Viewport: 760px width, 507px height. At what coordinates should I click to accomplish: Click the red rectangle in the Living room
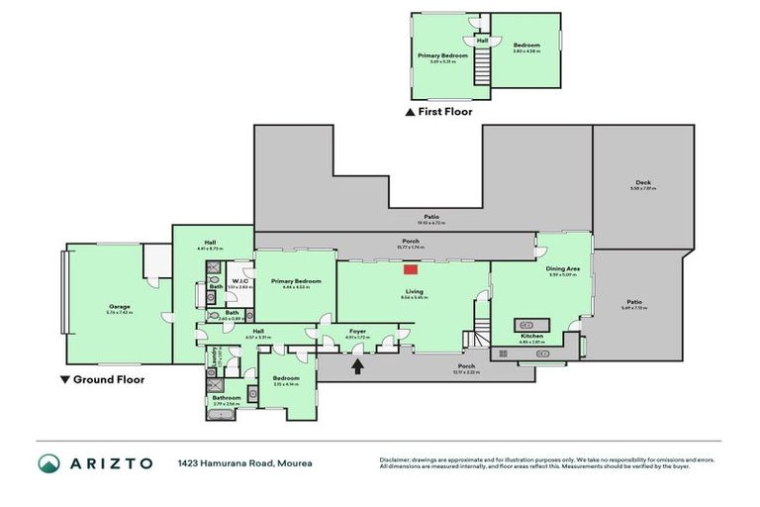410,268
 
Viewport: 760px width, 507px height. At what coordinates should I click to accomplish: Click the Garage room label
119,307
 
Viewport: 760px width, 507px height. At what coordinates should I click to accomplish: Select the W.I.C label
239,281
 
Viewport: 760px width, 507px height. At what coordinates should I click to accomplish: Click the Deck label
642,183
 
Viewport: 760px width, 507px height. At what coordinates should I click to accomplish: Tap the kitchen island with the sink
531,324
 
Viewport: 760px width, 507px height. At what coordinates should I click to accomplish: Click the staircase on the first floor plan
483,69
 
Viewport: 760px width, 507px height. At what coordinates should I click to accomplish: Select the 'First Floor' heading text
444,112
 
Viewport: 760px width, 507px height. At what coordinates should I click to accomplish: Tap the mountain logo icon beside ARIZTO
48,462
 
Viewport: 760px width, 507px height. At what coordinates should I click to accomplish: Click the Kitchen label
531,337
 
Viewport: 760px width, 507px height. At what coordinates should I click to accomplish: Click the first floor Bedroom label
525,45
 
